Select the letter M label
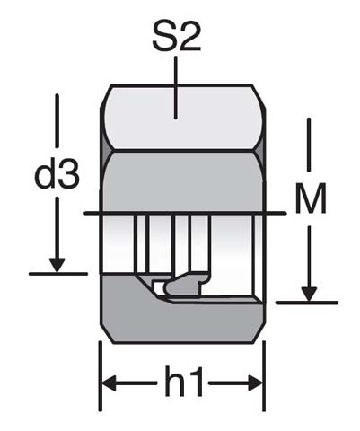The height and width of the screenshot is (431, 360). coord(310,201)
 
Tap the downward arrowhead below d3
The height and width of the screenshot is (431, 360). coord(57,264)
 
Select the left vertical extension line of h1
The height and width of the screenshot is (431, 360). coord(99,368)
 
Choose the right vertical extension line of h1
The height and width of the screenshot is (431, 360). coord(263,368)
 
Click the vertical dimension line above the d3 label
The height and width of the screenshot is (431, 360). coord(57,126)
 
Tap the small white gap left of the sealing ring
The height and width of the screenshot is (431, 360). coord(160,288)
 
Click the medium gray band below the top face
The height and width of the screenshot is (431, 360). coord(180,180)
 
